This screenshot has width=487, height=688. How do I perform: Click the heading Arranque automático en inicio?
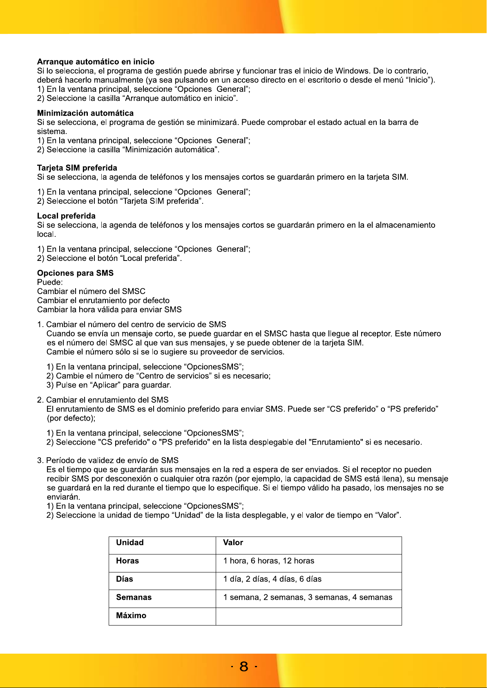click(x=96, y=62)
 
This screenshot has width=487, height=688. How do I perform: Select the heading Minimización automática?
click(x=85, y=113)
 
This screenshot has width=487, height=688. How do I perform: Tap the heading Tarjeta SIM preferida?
click(x=77, y=168)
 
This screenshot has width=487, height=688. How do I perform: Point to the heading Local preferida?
click(x=66, y=216)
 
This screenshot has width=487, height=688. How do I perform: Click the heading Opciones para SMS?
click(x=75, y=273)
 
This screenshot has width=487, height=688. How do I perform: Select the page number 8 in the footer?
click(x=244, y=666)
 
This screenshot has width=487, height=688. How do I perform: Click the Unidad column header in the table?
click(x=130, y=543)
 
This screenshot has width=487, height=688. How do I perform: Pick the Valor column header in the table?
click(x=233, y=543)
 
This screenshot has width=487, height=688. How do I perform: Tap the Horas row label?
click(x=127, y=561)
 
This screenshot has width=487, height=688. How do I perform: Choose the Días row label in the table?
click(x=125, y=579)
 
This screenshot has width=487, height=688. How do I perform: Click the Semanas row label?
click(x=134, y=597)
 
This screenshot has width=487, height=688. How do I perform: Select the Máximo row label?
click(x=131, y=616)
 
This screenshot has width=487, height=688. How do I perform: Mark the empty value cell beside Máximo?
click(x=308, y=616)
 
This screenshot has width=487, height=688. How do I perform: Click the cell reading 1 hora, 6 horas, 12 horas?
click(x=268, y=561)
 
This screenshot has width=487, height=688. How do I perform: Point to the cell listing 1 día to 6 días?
click(x=272, y=579)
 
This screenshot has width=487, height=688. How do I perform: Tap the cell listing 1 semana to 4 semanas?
click(x=307, y=597)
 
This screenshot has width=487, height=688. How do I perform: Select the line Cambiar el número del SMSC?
click(x=91, y=291)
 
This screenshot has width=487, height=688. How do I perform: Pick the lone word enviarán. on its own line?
click(x=63, y=497)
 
